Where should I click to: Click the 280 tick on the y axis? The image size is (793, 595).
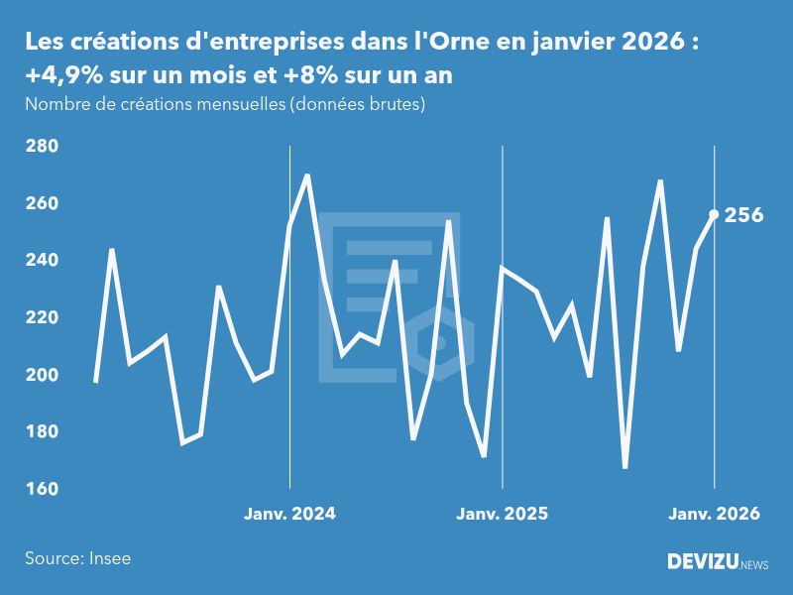(42, 147)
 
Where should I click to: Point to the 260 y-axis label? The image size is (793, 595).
(42, 203)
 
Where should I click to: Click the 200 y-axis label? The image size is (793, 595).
(42, 375)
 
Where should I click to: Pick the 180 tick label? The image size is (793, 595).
(42, 432)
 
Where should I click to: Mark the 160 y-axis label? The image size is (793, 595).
(42, 490)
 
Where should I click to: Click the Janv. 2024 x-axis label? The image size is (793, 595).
(289, 514)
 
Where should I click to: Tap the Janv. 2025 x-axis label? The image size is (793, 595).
(502, 514)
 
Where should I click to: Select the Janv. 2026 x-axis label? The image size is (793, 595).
(714, 514)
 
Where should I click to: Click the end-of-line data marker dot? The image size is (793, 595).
(714, 214)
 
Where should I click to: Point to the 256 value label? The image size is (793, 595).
(744, 215)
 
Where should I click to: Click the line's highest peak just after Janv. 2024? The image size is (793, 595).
(307, 176)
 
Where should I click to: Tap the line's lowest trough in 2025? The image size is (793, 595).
(625, 467)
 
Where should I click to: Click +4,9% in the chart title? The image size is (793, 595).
(60, 76)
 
